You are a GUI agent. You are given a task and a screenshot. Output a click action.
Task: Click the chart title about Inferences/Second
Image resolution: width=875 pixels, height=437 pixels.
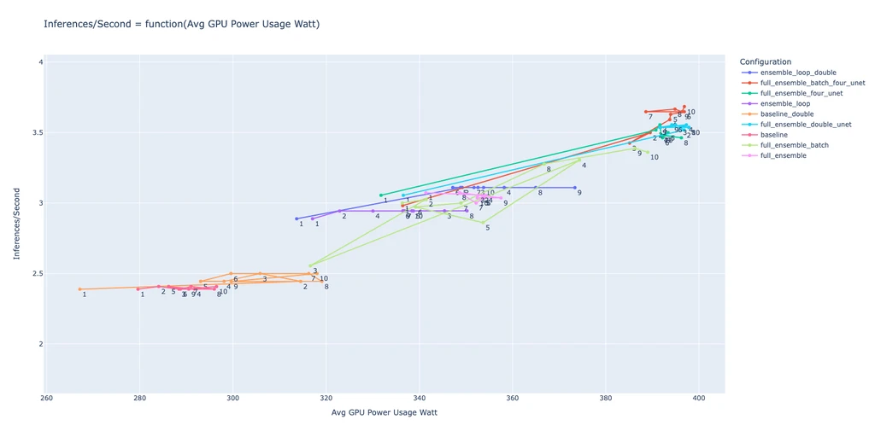tap(181, 24)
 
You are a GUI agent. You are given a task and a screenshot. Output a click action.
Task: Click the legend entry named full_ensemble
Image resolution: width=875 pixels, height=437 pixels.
tap(784, 155)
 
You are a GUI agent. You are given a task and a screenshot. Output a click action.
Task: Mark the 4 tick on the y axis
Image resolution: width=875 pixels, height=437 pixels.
tap(40, 62)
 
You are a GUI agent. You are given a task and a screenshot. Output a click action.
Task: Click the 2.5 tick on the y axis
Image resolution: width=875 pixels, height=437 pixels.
tap(36, 274)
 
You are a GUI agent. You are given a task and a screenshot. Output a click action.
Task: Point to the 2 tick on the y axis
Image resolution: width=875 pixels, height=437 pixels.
tap(40, 344)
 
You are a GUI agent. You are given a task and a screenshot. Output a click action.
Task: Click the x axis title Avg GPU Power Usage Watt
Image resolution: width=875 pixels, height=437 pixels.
tap(384, 414)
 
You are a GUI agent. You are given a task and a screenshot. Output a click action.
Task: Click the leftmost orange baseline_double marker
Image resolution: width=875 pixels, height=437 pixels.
tap(80, 289)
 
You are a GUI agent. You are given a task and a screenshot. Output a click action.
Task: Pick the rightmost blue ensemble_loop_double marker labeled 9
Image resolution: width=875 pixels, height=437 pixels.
tap(575, 187)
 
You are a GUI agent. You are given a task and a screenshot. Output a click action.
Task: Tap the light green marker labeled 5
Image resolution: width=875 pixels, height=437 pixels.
tap(482, 223)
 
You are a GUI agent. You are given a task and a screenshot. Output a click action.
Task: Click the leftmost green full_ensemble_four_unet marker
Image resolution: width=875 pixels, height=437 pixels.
tap(381, 195)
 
